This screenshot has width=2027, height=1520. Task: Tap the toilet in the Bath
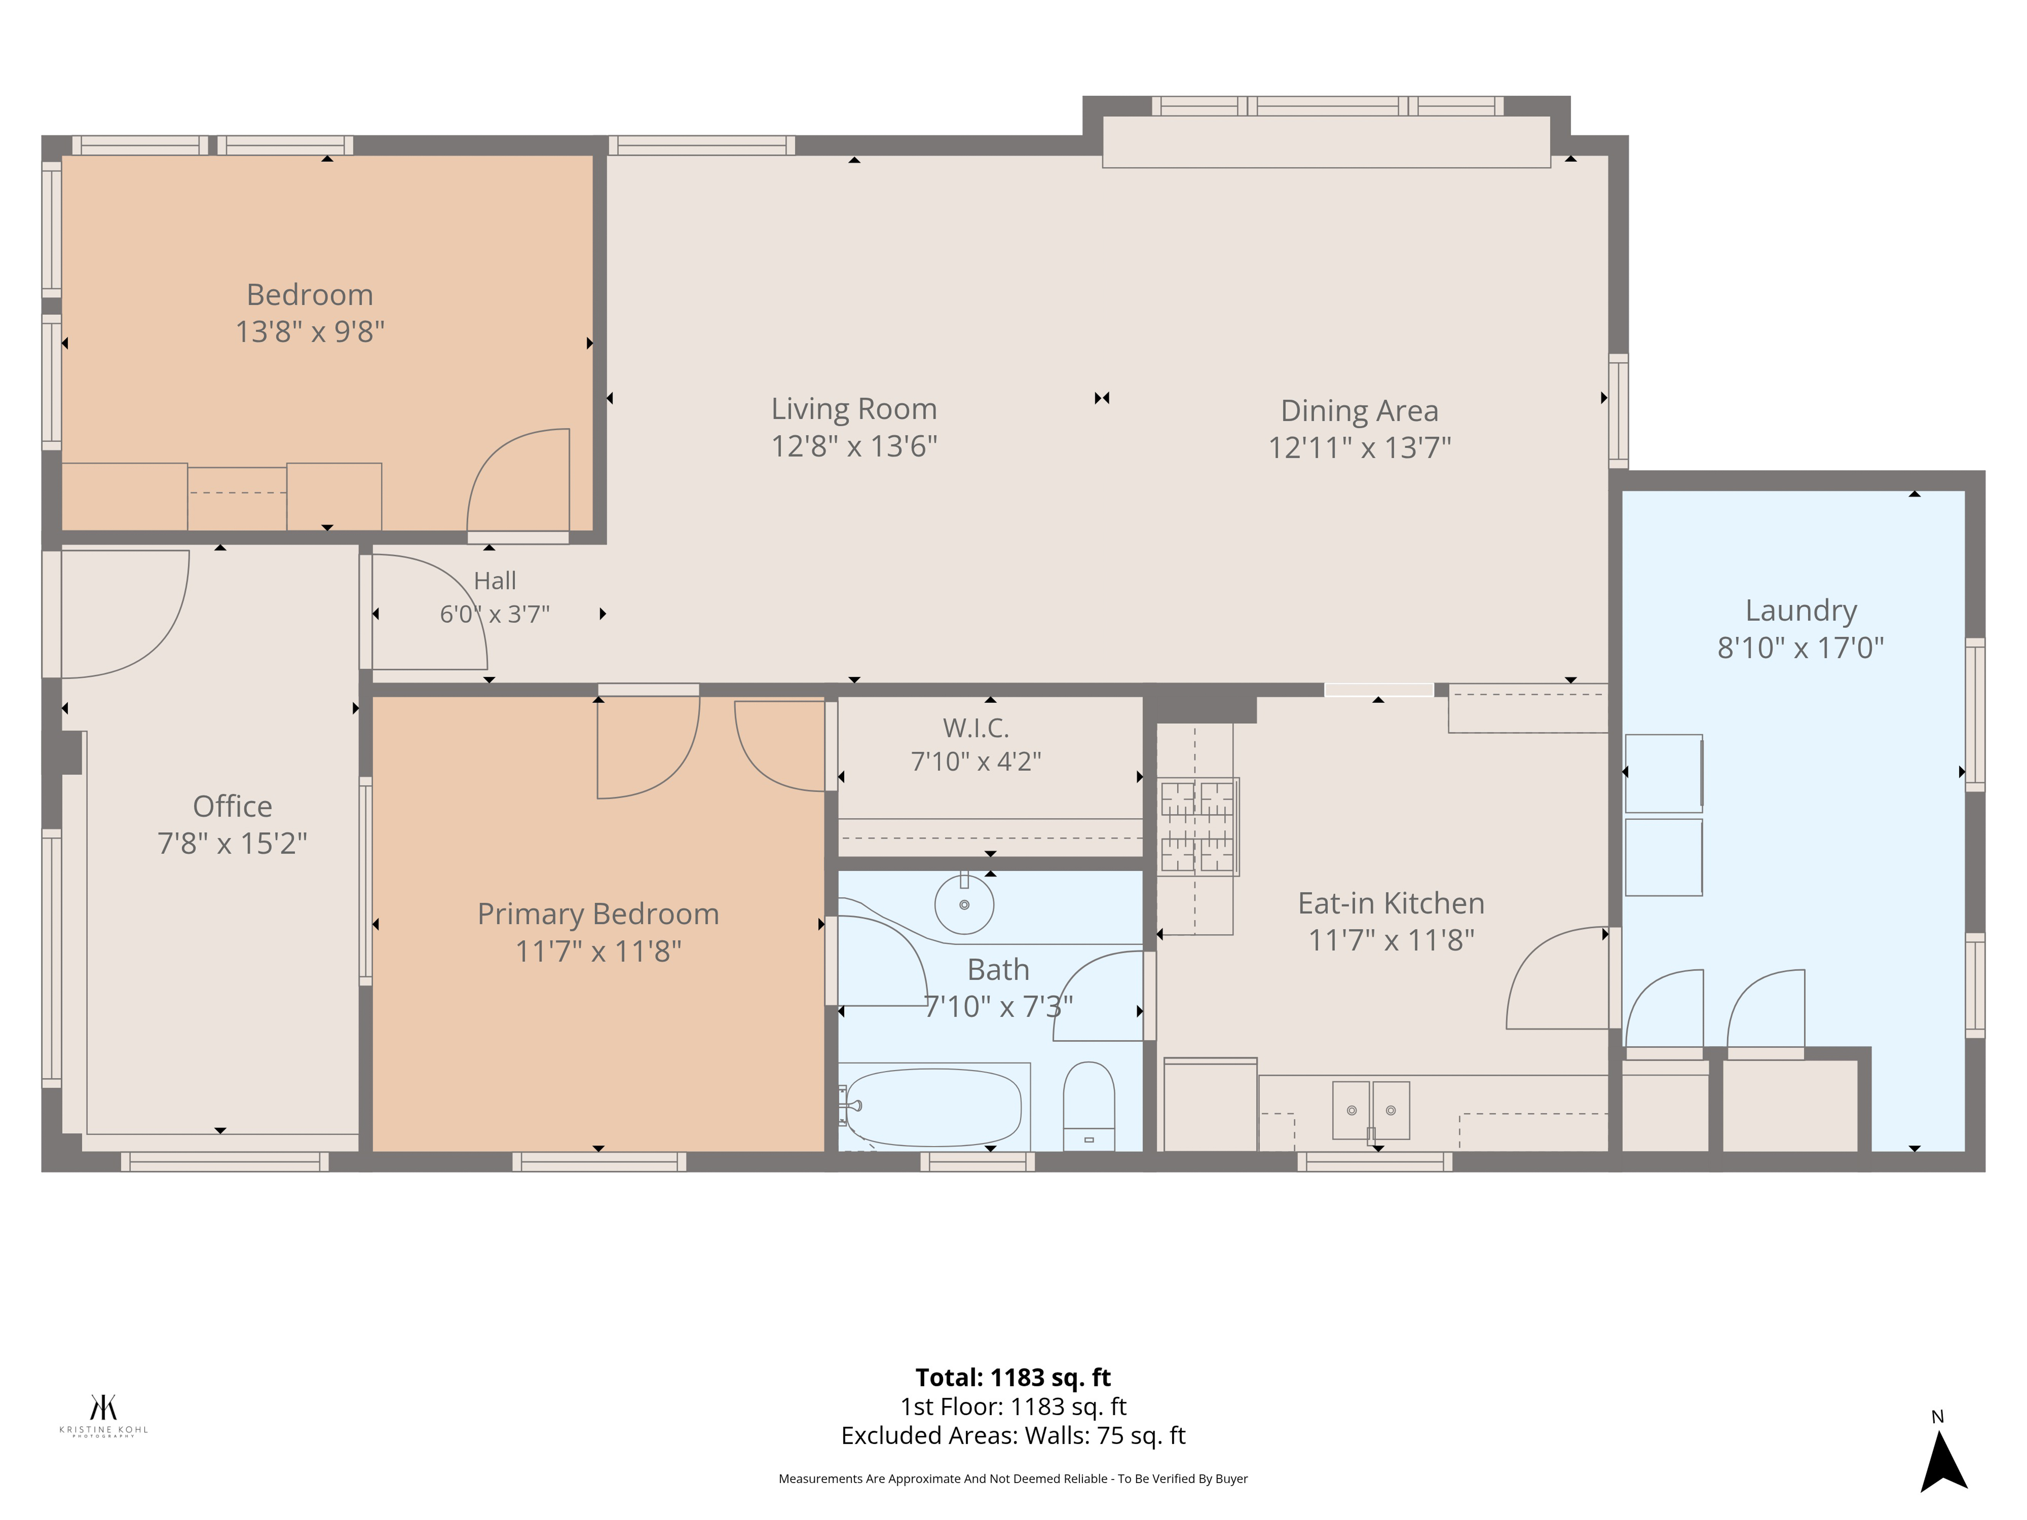pyautogui.click(x=1089, y=1106)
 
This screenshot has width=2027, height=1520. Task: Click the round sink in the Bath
pyautogui.click(x=964, y=904)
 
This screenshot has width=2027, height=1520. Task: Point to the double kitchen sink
pyautogui.click(x=1371, y=1110)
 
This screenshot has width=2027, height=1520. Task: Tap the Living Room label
pyautogui.click(x=854, y=408)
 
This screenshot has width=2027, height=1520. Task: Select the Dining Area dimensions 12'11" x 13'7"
pyautogui.click(x=1360, y=448)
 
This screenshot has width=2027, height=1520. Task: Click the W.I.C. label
pyautogui.click(x=976, y=728)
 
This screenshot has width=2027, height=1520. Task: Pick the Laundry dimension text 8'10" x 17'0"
pyautogui.click(x=1800, y=648)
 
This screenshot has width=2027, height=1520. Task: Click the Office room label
pyautogui.click(x=233, y=806)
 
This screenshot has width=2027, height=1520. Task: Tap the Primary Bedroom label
pyautogui.click(x=598, y=914)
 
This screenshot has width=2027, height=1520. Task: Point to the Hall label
pyautogui.click(x=495, y=581)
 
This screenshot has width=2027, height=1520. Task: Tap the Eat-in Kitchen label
pyautogui.click(x=1391, y=903)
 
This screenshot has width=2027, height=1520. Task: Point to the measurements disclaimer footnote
pyautogui.click(x=1013, y=1479)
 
